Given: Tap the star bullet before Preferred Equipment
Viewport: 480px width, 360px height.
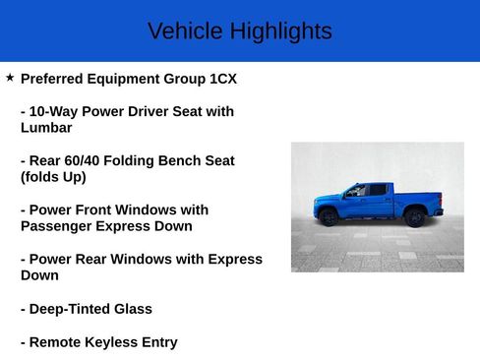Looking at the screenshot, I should (10, 77).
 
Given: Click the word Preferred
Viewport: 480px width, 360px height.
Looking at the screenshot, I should (57, 79).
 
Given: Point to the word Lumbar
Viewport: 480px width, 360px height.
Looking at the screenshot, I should (46, 128).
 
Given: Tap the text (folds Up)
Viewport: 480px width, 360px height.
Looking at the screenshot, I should (53, 177).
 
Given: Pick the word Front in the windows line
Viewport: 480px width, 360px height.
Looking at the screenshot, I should (102, 210).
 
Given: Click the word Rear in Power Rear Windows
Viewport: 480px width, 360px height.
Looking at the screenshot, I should (99, 259).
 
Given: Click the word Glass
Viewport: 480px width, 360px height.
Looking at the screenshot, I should (132, 309).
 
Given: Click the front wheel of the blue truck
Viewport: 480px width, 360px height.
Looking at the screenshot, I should (330, 217).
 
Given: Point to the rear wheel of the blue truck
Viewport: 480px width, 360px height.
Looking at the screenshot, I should (416, 217).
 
